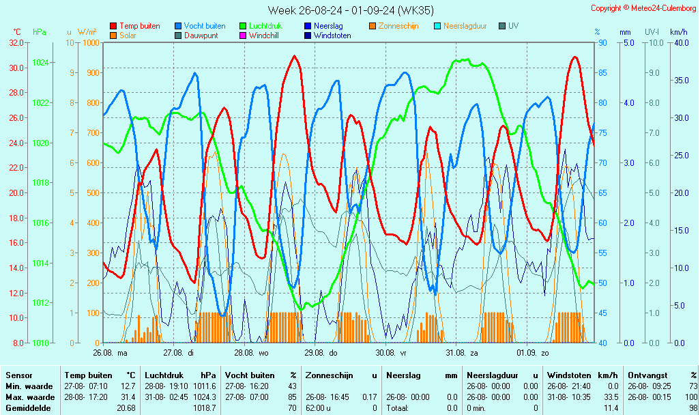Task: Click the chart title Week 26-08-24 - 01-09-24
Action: [x=349, y=10]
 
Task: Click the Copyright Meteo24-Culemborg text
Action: [x=643, y=8]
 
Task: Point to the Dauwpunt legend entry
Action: [x=201, y=35]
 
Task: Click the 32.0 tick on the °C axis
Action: [x=16, y=42]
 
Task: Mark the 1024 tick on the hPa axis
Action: [x=40, y=63]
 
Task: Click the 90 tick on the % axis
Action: [x=602, y=42]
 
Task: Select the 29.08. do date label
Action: [x=320, y=353]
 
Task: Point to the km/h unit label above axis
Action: [x=678, y=32]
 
